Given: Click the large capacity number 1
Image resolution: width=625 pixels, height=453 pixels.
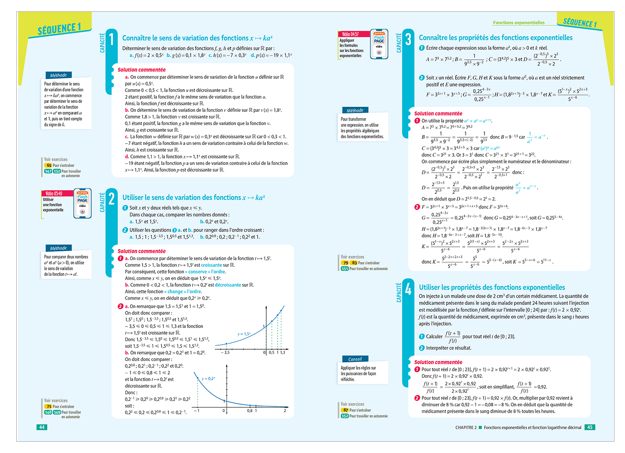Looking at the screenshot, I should click(111, 39).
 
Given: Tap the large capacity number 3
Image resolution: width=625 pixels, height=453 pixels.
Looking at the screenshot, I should click(408, 39).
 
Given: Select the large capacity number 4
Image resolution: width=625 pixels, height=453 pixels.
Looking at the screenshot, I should click(408, 289).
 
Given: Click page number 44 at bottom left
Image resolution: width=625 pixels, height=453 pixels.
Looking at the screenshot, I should click(42, 427).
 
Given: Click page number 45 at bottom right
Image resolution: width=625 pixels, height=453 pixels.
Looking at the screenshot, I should click(590, 427).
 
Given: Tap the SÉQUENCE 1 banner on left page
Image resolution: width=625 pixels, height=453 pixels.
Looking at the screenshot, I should click(59, 29).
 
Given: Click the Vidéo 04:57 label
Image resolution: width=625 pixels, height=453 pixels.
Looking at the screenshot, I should click(350, 34).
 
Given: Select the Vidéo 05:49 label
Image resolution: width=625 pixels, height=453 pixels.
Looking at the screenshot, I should click(53, 193).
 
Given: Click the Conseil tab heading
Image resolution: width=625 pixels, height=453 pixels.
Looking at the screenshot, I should click(355, 359).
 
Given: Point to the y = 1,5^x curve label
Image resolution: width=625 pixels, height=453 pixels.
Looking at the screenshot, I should click(244, 334).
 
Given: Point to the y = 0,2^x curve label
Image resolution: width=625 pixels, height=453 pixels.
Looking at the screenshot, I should click(208, 378).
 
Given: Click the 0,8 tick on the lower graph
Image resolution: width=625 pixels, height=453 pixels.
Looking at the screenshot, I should click(250, 411).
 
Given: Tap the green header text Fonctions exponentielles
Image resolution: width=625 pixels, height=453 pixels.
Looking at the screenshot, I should click(519, 23).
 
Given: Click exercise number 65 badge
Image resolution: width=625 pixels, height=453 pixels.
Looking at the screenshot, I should click(49, 165).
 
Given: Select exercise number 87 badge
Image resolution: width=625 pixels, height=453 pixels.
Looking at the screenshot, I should click(346, 410).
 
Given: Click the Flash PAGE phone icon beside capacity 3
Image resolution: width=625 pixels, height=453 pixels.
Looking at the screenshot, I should click(379, 44).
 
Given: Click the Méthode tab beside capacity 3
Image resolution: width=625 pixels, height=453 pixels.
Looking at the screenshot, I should click(355, 110).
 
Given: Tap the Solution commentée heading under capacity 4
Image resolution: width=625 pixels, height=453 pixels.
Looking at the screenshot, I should click(438, 362).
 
